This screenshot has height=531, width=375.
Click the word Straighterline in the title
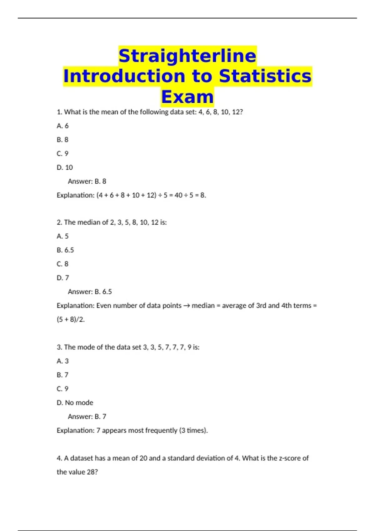(x=187, y=56)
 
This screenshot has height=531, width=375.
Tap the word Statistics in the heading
(x=265, y=76)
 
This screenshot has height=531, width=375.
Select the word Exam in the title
(x=187, y=97)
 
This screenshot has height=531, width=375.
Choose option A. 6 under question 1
(x=62, y=126)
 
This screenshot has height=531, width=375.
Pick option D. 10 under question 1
(x=65, y=167)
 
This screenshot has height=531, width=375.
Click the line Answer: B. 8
(x=87, y=181)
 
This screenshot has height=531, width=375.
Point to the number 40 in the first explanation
(x=178, y=195)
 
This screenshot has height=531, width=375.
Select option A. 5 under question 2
(x=62, y=236)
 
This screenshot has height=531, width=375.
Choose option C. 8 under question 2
(x=62, y=264)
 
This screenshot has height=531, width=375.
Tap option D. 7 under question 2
(x=63, y=278)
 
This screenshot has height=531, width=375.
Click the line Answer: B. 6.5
(x=90, y=292)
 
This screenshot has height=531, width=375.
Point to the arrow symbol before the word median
(x=187, y=306)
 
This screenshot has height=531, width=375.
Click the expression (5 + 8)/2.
(x=71, y=320)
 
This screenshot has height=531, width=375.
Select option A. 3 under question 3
(x=62, y=361)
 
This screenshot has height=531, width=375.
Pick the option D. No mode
(x=75, y=403)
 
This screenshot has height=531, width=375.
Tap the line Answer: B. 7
(x=87, y=416)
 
